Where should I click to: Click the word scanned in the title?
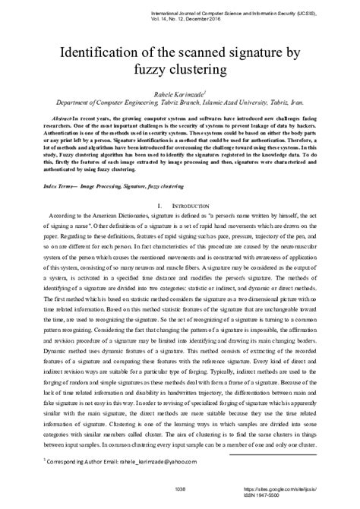tap(194, 52)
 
